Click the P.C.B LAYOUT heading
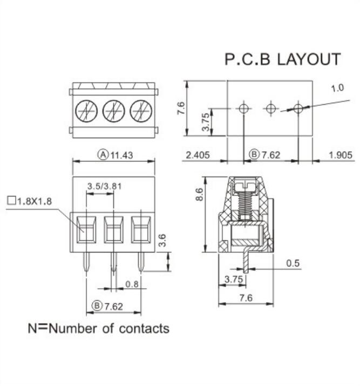point(282,59)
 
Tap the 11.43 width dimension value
point(122,155)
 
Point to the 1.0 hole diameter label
point(337,87)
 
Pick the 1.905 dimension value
point(341,155)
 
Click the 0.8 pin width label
point(131,284)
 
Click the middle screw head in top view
point(114,111)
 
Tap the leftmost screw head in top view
point(86,111)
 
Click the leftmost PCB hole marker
point(244,109)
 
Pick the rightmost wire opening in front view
point(141,229)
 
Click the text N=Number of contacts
point(98,328)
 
